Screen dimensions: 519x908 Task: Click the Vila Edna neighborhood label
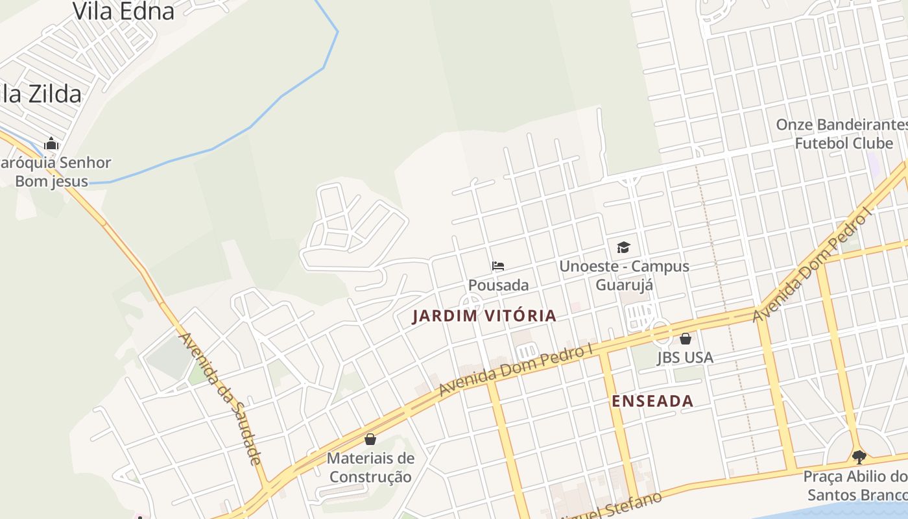(123, 11)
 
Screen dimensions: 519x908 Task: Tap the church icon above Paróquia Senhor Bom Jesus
(51, 143)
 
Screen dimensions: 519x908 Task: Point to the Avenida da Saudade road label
(221, 398)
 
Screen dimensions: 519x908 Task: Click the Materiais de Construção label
(370, 467)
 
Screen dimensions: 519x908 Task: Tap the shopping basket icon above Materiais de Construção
(370, 439)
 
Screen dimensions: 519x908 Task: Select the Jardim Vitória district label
(484, 316)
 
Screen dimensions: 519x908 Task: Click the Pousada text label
(498, 285)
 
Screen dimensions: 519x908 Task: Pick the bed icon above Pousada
(498, 266)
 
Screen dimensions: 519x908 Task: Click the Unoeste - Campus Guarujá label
(624, 275)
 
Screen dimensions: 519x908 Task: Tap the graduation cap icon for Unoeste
(623, 247)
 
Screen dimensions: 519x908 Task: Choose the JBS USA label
(685, 357)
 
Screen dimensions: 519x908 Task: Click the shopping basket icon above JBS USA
(686, 339)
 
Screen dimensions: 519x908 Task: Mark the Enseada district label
(652, 401)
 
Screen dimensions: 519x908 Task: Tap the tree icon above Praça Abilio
(859, 457)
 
